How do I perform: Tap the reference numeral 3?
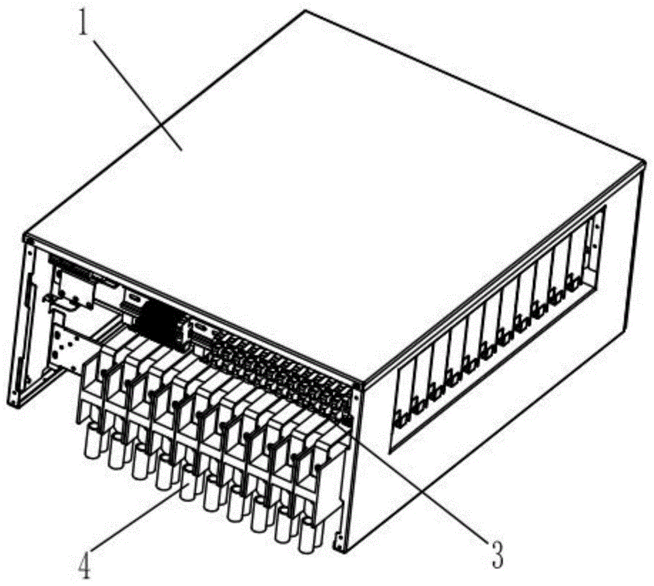tap(497, 554)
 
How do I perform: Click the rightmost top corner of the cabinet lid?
tap(645, 163)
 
